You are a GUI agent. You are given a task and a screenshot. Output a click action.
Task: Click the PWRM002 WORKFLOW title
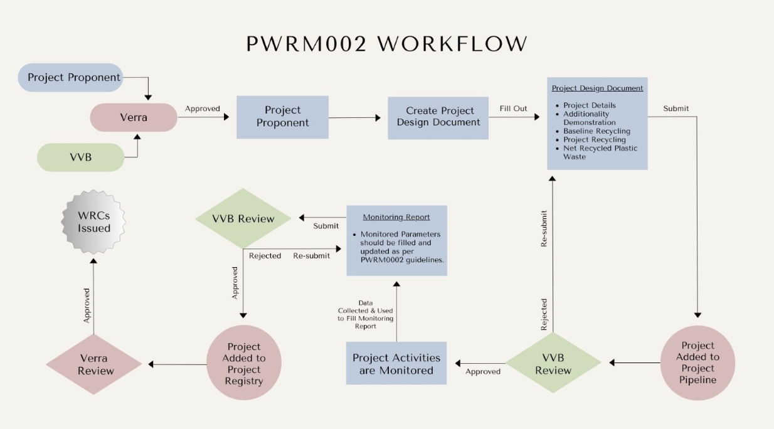[386, 44]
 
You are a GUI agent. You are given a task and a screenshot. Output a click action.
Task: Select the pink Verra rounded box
[134, 117]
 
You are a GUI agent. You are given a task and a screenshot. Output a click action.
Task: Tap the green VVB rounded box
[80, 157]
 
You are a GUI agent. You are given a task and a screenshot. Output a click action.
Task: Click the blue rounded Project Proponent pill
[74, 78]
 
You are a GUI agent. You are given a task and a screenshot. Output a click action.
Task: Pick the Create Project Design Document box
[438, 117]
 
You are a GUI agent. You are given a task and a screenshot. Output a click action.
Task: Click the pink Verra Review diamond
[93, 364]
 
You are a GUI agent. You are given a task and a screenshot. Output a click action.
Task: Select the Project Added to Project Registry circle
[243, 363]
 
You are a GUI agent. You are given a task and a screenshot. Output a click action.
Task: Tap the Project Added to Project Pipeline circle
[697, 363]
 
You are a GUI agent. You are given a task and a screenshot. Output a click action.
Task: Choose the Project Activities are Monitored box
[396, 364]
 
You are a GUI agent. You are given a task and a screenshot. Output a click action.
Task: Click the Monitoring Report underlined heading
[396, 217]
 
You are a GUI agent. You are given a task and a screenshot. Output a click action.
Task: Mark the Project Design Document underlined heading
[597, 88]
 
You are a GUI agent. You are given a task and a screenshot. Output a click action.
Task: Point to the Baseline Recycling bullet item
[596, 131]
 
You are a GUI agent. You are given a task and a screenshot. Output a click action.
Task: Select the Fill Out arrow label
[513, 109]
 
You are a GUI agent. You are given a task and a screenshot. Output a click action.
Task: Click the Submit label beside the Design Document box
[676, 109]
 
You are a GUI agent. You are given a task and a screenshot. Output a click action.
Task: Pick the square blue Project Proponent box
[282, 117]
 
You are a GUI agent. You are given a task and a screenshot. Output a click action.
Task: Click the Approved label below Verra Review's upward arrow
[87, 305]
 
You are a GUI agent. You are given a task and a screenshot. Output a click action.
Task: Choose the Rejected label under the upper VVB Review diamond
[265, 256]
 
